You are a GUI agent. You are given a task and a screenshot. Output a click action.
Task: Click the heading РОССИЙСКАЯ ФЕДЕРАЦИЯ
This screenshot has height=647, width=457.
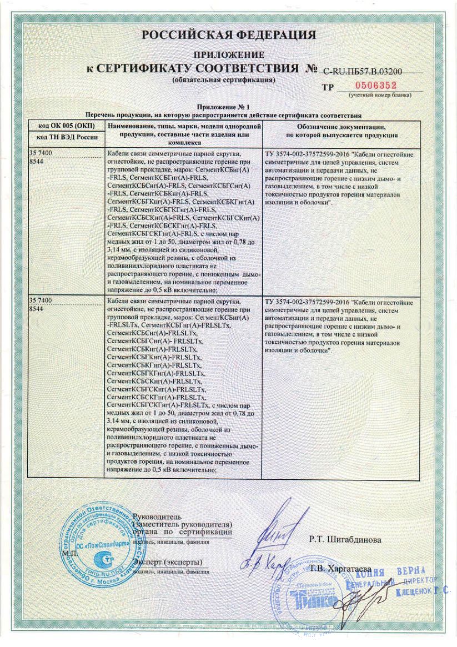pos(228,36)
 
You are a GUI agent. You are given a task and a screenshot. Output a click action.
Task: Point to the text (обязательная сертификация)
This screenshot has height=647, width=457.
pos(223,80)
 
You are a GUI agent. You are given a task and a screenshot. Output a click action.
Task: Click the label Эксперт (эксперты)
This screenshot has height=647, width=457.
pos(167,563)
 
